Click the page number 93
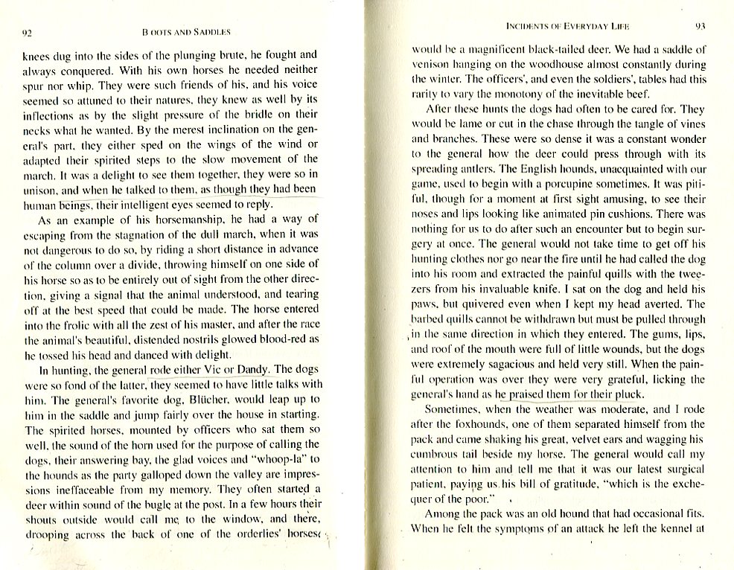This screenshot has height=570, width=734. coord(700,25)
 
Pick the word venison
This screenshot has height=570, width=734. coord(433,65)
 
